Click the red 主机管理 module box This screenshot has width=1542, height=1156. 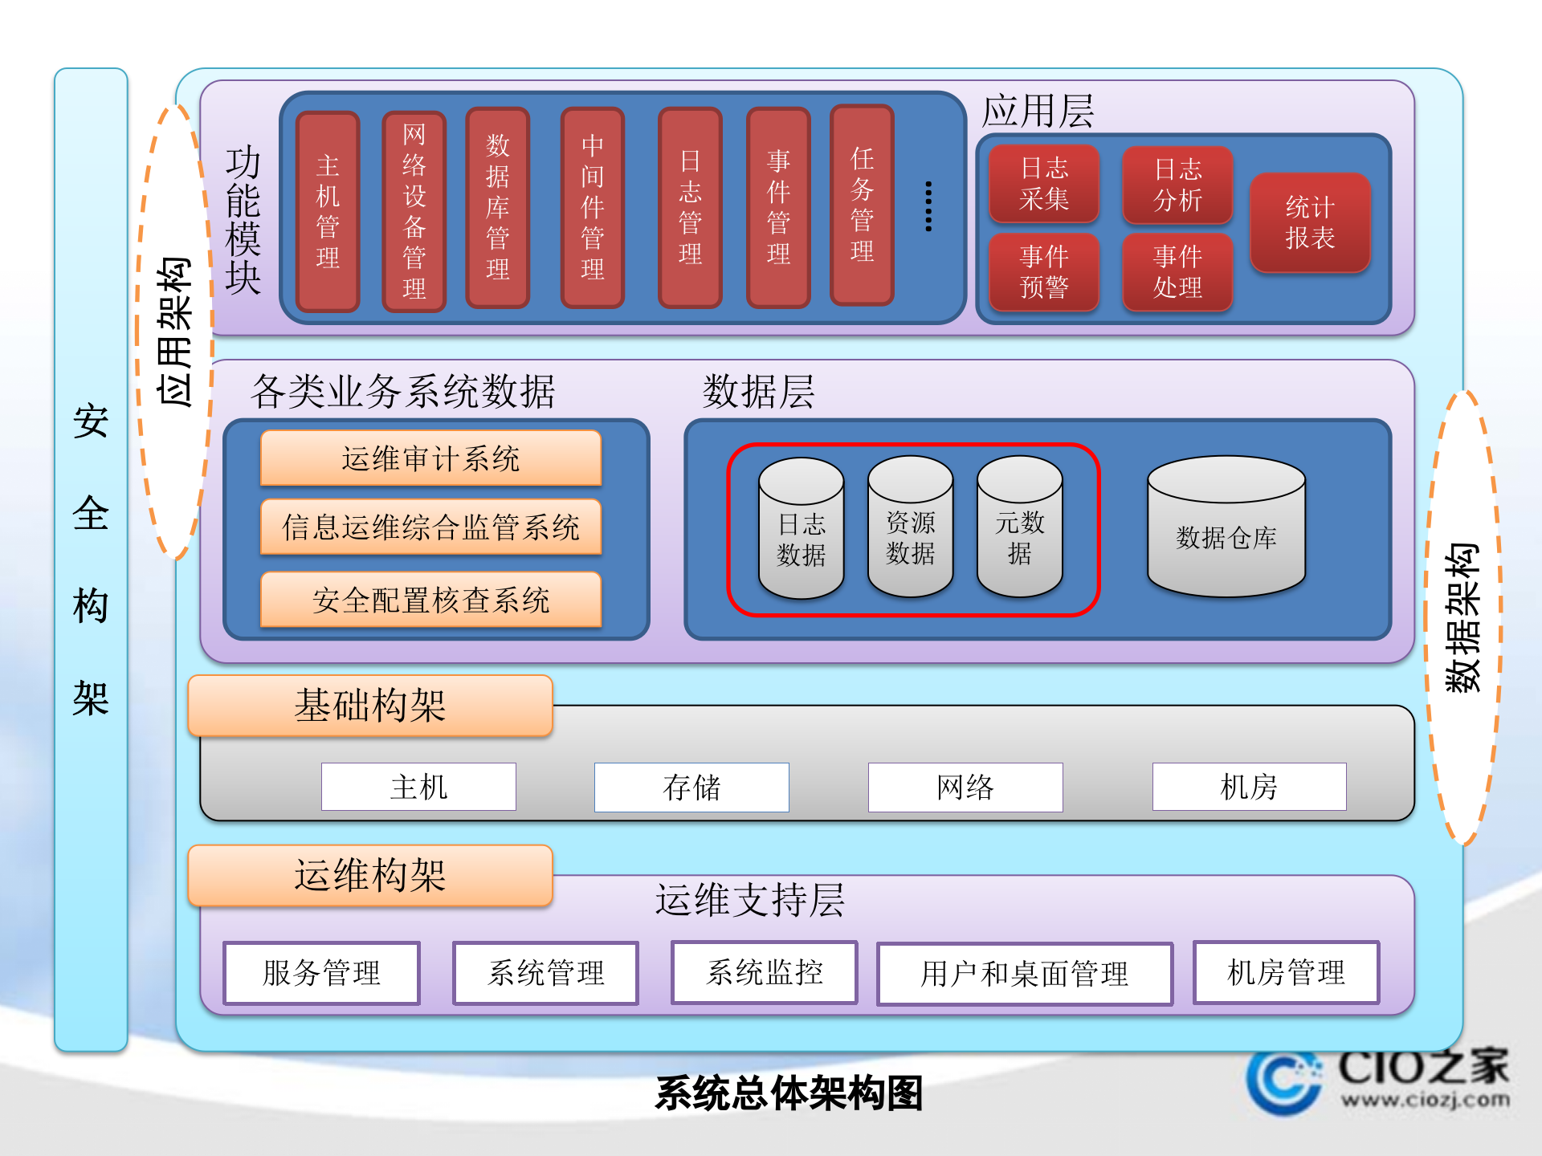[x=328, y=212]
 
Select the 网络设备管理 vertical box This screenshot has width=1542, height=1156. [x=414, y=212]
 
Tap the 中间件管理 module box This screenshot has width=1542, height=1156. [x=593, y=208]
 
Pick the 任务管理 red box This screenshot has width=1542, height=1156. [x=862, y=206]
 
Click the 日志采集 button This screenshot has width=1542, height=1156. [x=1044, y=184]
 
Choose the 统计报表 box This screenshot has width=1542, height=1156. [x=1310, y=222]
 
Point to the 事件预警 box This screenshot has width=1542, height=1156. [x=1044, y=272]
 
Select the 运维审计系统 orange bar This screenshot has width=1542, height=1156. [x=431, y=458]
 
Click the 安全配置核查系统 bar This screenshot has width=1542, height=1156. [x=431, y=600]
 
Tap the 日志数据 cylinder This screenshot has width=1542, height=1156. [x=801, y=530]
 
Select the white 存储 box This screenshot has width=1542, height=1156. [x=691, y=787]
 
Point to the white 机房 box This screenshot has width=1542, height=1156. [x=1249, y=787]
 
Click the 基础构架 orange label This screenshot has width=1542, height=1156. [x=370, y=706]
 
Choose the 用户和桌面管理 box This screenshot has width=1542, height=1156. [x=1025, y=974]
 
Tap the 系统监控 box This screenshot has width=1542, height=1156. [x=765, y=972]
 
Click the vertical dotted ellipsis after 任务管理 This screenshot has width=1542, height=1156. [x=928, y=206]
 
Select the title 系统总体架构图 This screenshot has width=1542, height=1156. [x=789, y=1093]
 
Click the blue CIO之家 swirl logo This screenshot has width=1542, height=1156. [x=1283, y=1080]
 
